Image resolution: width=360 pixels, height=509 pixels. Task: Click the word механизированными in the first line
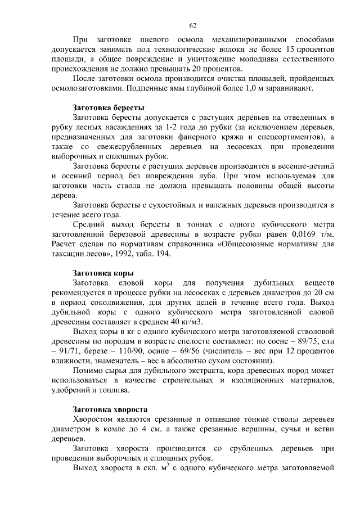click(x=246, y=40)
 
